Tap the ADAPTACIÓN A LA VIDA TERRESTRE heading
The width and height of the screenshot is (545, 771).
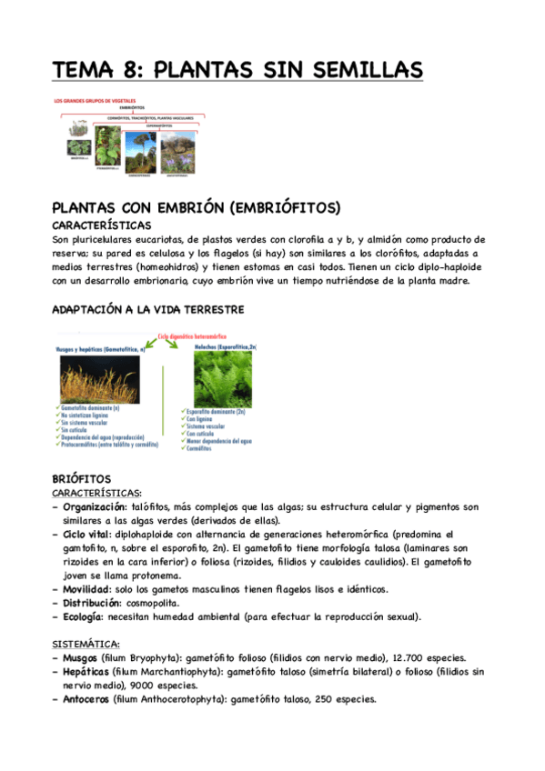point(147,310)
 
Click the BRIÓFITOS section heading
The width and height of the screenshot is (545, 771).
point(82,477)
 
